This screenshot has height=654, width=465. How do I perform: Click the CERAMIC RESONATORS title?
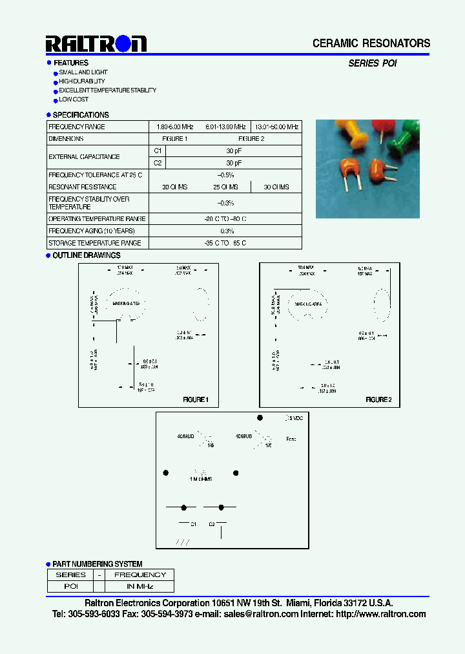[371, 43]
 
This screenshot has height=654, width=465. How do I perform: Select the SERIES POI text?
[373, 63]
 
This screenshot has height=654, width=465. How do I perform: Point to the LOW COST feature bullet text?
[74, 100]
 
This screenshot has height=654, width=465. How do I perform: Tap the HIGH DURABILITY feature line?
[82, 81]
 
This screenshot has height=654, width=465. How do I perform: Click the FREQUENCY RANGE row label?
[77, 127]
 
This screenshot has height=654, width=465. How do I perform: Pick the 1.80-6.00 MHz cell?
[175, 127]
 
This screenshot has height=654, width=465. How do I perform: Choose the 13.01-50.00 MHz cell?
[277, 127]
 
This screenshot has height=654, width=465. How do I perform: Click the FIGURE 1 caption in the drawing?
[196, 399]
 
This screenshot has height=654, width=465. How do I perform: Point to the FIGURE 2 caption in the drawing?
[378, 399]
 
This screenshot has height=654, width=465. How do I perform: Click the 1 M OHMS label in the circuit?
[201, 479]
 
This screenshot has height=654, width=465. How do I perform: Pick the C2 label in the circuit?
[212, 524]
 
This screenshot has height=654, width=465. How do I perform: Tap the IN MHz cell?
[139, 586]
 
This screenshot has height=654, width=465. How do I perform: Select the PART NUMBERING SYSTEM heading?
[98, 564]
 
